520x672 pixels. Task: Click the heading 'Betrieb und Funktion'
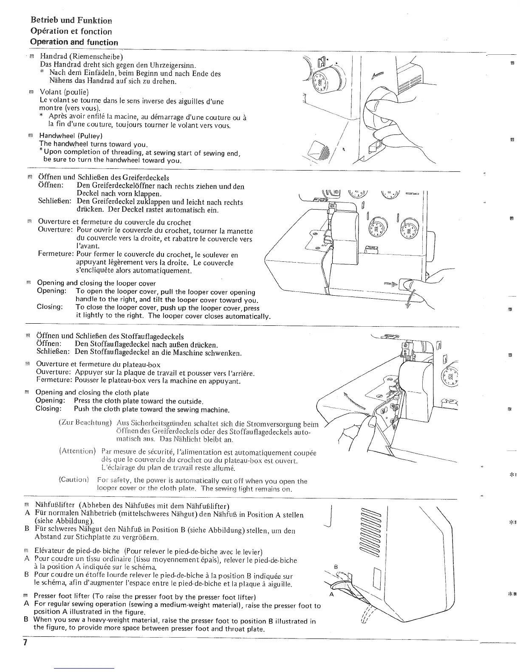pyautogui.click(x=71, y=20)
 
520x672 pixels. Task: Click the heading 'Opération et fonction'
pyautogui.click(x=71, y=31)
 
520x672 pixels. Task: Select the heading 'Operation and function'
pyautogui.click(x=74, y=42)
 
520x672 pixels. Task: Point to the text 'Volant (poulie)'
pyautogui.click(x=64, y=92)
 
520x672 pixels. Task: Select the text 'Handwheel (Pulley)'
pyautogui.click(x=71, y=136)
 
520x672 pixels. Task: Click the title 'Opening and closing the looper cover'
pyautogui.click(x=96, y=283)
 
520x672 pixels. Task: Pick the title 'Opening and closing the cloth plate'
pyautogui.click(x=92, y=393)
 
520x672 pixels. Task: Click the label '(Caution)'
pyautogui.click(x=73, y=480)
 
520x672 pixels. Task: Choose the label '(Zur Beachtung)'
pyautogui.click(x=85, y=423)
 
